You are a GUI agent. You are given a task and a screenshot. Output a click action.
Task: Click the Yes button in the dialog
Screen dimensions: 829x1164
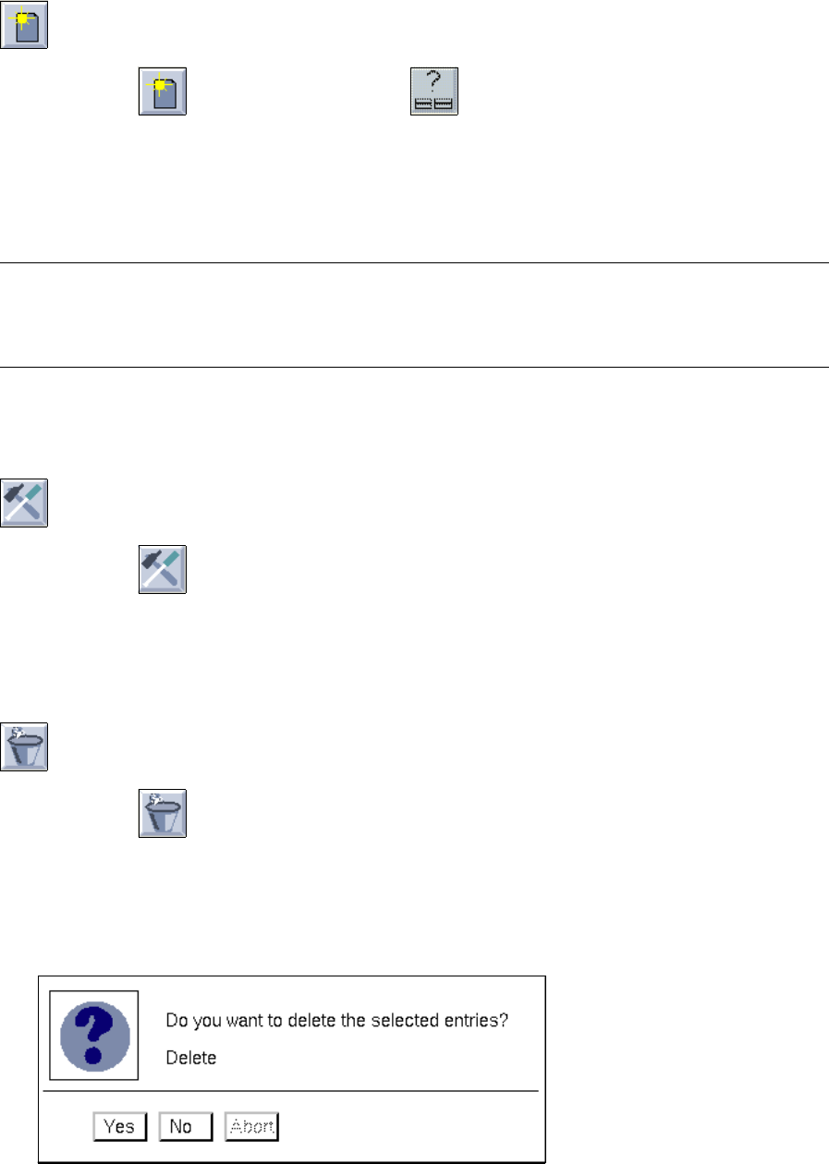click(119, 1126)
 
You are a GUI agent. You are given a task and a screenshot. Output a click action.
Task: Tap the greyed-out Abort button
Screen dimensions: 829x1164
click(251, 1126)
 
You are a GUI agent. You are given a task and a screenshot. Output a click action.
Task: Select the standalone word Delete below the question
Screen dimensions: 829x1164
click(190, 1058)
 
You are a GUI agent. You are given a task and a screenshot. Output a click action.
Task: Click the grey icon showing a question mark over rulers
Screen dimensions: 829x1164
click(433, 91)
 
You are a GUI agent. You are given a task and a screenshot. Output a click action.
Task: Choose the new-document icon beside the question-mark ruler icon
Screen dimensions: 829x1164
click(162, 91)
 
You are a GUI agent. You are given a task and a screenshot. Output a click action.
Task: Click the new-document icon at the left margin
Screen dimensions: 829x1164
click(23, 24)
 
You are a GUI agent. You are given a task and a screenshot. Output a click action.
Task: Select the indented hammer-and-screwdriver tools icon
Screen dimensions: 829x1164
click(162, 569)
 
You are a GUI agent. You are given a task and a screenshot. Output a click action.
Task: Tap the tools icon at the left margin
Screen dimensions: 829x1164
click(23, 503)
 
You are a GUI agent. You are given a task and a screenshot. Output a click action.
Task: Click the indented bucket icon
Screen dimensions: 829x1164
click(162, 813)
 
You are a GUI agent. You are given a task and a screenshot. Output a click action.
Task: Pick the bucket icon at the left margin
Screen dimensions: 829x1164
click(23, 746)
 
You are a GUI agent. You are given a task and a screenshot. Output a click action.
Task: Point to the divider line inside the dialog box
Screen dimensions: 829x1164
click(290, 1091)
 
